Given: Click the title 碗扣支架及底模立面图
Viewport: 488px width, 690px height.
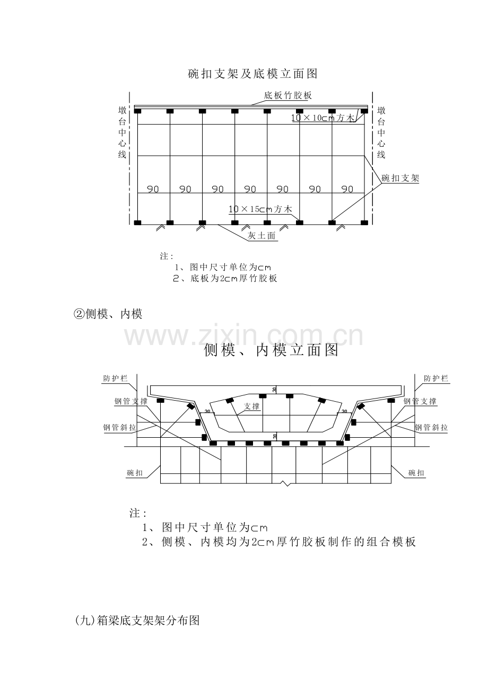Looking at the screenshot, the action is [x=252, y=74].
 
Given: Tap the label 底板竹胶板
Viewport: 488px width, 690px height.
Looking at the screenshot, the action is [x=287, y=95].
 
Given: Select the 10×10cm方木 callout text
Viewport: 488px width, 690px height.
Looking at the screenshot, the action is [x=323, y=118].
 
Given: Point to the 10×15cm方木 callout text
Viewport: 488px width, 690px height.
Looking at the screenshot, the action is [x=260, y=209].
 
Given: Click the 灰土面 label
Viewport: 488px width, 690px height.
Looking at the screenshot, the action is [x=262, y=236].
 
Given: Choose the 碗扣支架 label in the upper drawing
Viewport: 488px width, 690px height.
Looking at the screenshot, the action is [x=400, y=178].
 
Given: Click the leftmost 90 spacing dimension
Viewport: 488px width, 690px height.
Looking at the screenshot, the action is [x=153, y=189].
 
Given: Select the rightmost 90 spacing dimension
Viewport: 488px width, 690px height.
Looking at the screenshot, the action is [x=347, y=189].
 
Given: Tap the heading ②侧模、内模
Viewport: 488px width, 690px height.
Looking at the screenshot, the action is [x=108, y=314].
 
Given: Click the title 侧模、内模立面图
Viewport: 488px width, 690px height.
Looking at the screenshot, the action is [x=271, y=350].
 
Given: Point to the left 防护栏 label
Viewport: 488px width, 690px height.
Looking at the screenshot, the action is [x=115, y=378].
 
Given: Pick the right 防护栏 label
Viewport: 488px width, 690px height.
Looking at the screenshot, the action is [x=436, y=378].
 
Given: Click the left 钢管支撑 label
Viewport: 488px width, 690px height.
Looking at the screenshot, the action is [x=131, y=401].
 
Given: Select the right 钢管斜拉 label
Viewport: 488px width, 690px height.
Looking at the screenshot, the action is [x=431, y=427].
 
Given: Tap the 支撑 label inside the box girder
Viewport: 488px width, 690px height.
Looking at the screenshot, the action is [x=252, y=406].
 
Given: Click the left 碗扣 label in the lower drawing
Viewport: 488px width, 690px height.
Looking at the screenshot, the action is [x=135, y=473].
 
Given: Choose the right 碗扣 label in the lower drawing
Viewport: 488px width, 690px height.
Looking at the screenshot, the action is [x=416, y=473].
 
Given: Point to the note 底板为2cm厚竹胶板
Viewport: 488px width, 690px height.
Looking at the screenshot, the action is [x=225, y=278].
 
